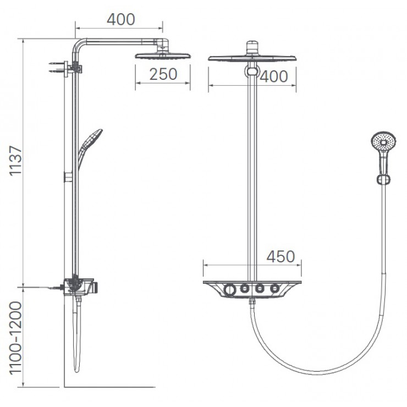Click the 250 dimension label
(x=163, y=74)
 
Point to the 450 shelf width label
(x=280, y=257)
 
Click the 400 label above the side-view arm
(x=120, y=19)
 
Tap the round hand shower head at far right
(x=382, y=142)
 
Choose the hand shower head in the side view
(x=91, y=140)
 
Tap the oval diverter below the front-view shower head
(x=252, y=72)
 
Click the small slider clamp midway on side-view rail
(x=69, y=177)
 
